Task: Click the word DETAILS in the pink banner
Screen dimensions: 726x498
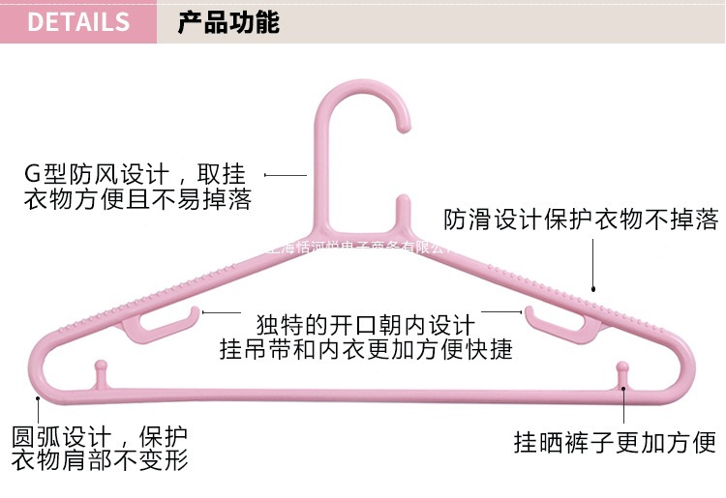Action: point(78,22)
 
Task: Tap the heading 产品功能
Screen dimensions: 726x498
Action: point(228,22)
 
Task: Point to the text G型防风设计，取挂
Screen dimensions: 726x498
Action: point(135,175)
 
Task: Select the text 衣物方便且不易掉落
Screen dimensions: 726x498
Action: point(136,200)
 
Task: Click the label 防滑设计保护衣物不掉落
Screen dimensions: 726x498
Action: point(581,220)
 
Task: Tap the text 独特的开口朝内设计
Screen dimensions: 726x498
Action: point(365,324)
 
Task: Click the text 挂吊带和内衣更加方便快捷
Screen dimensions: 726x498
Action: point(365,349)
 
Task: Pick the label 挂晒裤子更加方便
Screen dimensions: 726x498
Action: point(615,443)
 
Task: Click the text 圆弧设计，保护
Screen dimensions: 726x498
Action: point(100,435)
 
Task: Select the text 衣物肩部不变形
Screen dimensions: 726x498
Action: point(100,460)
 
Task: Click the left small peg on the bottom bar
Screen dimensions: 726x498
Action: point(99,373)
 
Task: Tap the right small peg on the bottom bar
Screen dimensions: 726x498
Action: point(623,373)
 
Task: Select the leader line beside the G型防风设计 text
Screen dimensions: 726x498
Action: point(287,175)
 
